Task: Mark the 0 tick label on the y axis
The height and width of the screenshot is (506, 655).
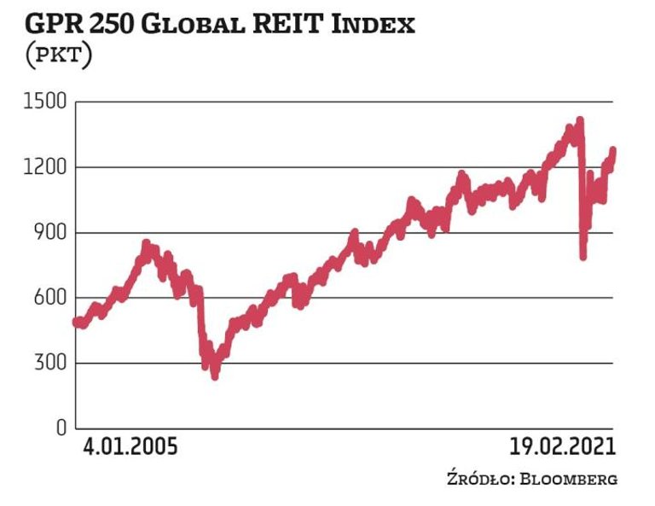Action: pos(61,428)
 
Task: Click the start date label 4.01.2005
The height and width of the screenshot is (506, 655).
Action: pos(130,446)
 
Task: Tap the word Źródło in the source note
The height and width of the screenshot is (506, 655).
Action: pos(476,479)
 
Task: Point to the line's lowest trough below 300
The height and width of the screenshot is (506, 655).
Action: pos(214,375)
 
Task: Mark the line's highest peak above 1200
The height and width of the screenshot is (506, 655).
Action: pos(580,120)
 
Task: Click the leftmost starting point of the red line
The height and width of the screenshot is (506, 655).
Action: pos(76,322)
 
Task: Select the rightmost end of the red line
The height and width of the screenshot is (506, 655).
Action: pos(613,151)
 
